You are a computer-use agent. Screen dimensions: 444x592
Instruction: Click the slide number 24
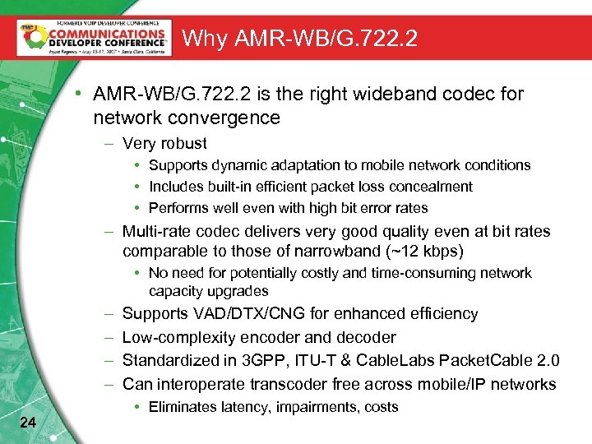tap(27, 423)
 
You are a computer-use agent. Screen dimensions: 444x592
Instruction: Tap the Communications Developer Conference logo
tap(92, 37)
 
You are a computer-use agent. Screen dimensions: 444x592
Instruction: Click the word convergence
tap(228, 118)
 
